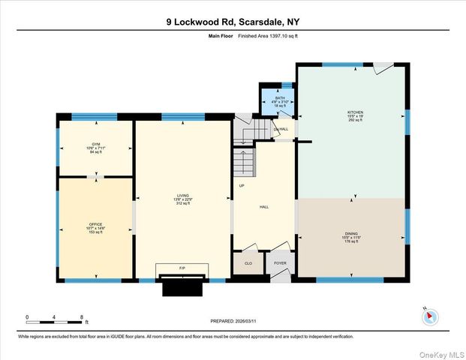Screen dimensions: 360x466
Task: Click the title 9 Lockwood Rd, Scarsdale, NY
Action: [233, 22]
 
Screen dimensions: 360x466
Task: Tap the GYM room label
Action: [96, 143]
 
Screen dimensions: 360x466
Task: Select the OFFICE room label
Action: [96, 225]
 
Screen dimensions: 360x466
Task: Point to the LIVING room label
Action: [185, 199]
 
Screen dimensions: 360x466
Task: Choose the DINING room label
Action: [353, 237]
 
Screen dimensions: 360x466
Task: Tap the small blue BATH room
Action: [279, 102]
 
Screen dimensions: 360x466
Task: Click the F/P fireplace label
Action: [182, 268]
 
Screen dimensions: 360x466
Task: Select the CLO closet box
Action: [248, 264]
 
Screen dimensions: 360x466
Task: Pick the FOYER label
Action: [279, 264]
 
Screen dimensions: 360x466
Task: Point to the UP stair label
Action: [242, 185]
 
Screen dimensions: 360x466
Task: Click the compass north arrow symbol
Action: [430, 316]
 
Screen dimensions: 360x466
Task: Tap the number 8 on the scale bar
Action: [81, 317]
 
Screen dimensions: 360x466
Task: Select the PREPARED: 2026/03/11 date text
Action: [232, 320]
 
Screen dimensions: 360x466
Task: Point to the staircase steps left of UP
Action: [242, 162]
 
